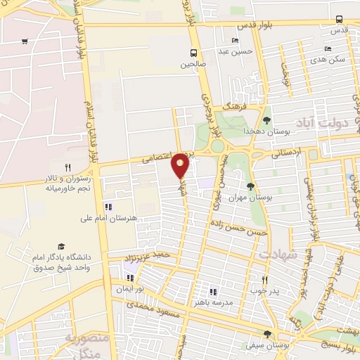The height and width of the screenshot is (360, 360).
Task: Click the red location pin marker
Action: point(180,165)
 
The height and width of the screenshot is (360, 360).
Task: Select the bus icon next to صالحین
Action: point(194,53)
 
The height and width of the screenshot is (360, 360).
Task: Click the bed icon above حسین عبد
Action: point(234,40)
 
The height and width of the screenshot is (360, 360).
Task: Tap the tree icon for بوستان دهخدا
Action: point(266,120)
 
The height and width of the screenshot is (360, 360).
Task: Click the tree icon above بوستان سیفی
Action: point(266,334)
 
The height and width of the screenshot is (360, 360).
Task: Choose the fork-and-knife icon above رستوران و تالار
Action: point(68,167)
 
